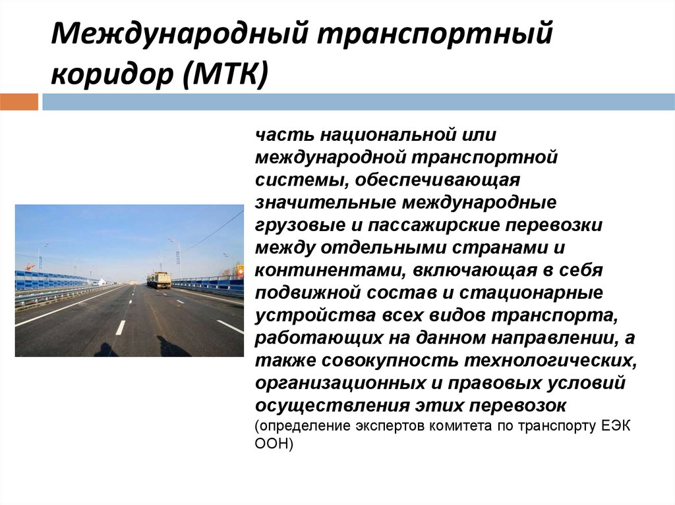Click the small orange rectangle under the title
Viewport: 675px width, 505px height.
19,102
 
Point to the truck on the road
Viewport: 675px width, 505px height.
159,280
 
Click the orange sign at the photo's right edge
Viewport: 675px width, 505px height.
240,269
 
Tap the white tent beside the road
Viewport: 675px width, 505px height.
101,282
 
